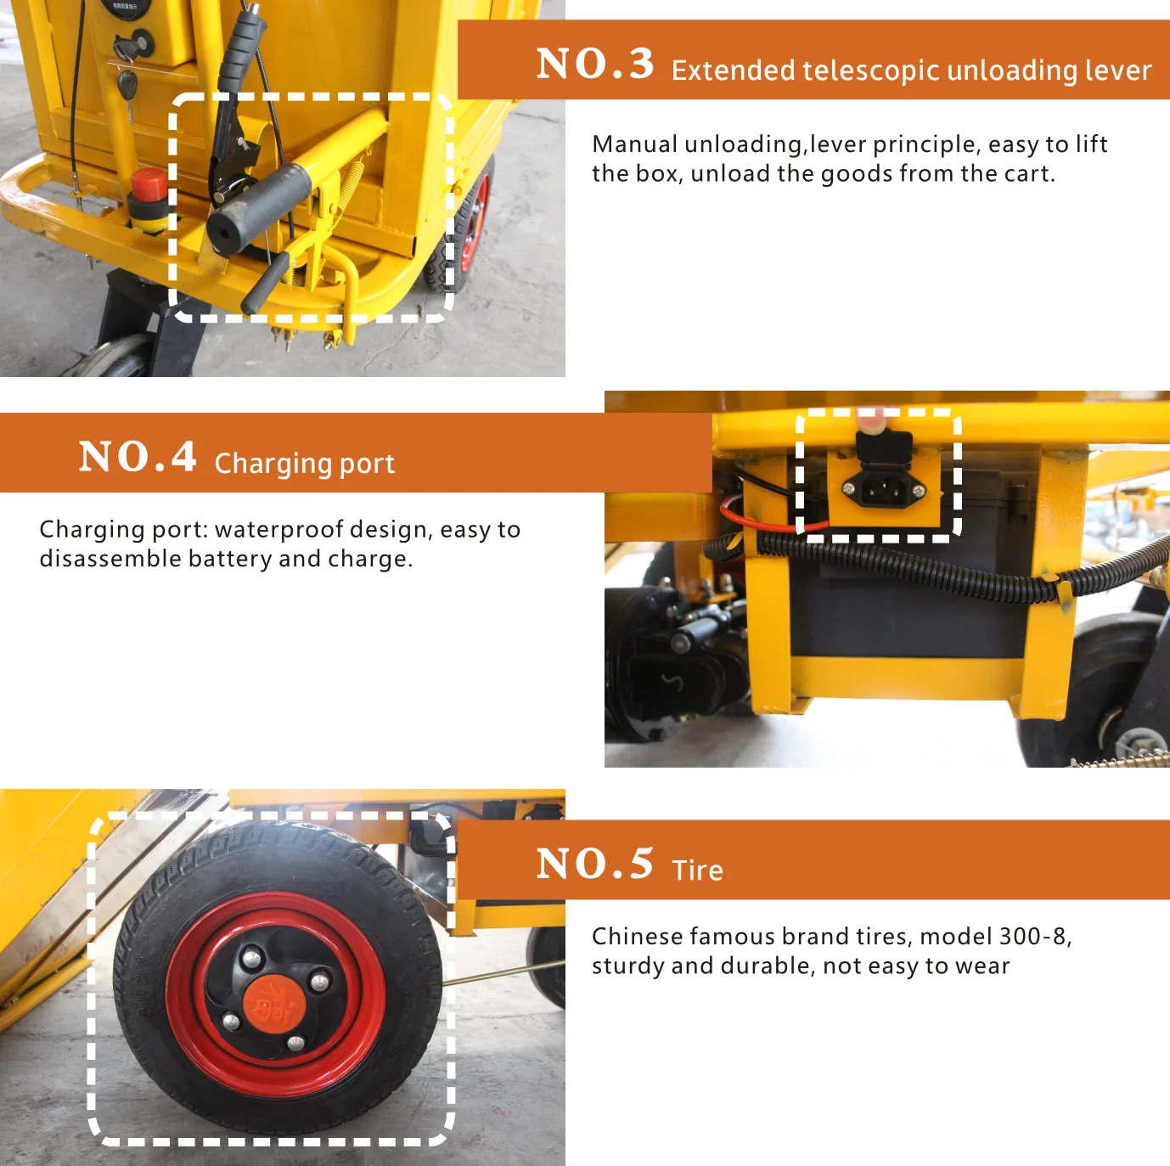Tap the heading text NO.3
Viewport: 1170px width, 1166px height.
[596, 63]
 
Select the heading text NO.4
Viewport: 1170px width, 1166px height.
[138, 456]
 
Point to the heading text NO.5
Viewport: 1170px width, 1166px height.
[596, 863]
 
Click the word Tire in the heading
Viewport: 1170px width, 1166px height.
[698, 870]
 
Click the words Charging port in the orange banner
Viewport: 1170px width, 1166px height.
[305, 464]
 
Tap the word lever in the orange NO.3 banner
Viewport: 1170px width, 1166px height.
[1118, 70]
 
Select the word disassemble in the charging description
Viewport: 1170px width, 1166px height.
[110, 559]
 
